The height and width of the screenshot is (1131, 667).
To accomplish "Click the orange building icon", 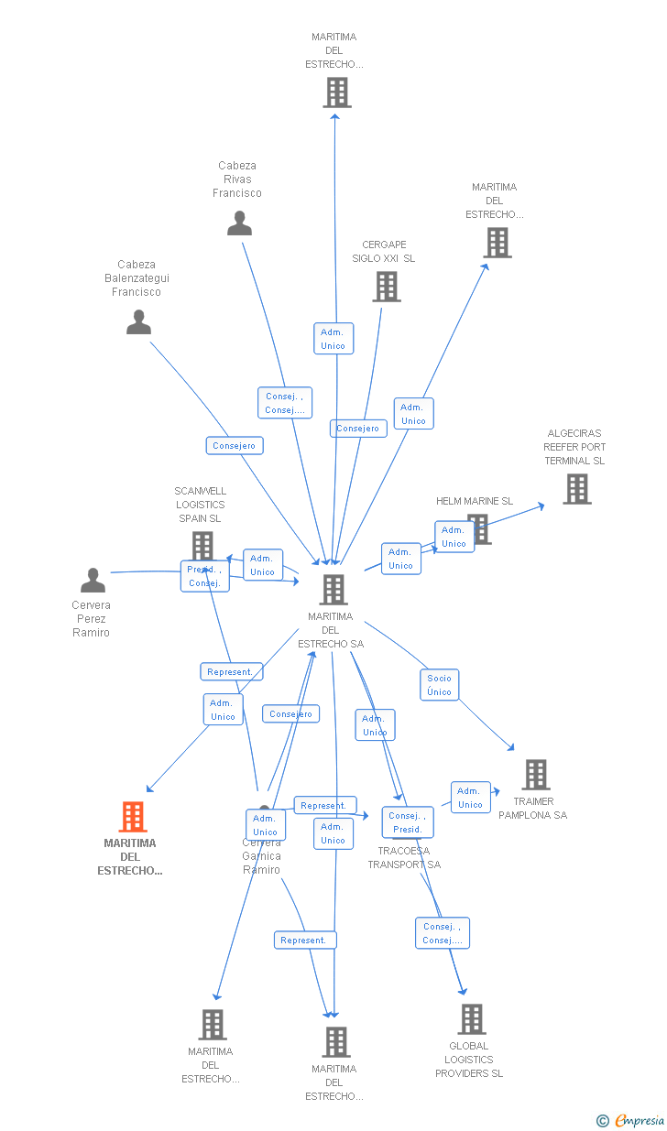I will point(133,817).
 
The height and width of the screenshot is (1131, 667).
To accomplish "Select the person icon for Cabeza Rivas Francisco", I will point(239,223).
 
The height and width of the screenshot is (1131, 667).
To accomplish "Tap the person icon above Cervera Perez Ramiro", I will point(93,581).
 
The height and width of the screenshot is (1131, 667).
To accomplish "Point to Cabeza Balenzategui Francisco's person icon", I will point(138,322).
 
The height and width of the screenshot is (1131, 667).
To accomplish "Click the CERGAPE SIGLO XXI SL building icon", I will point(386,287).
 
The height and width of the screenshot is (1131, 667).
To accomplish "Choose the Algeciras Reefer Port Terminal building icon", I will point(576,489).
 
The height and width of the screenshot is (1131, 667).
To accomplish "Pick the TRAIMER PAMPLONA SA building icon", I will point(536,775).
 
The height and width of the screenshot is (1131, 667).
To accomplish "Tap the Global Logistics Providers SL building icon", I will point(471,1019).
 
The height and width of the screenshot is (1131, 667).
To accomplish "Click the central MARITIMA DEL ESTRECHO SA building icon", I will point(333,590).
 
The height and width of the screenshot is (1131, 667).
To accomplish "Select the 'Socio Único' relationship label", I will point(439,685).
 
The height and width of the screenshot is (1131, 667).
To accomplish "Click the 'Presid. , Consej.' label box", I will point(204,576).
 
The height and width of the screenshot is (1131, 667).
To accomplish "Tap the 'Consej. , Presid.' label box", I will point(407,822).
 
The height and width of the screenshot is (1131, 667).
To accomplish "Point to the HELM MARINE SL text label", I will point(474,501).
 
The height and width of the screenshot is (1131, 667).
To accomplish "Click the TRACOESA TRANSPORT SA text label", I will point(404,858).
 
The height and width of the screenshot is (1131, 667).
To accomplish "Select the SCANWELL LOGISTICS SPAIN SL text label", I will point(200,505).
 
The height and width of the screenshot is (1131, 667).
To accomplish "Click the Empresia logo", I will point(631,1120).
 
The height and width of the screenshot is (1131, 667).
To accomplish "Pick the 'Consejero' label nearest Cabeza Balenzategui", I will point(234,446).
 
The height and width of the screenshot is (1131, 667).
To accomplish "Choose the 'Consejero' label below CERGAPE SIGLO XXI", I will point(357,429).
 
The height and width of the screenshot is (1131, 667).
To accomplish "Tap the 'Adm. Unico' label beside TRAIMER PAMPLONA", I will point(470,798).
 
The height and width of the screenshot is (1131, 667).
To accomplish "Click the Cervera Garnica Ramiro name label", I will point(261,856).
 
